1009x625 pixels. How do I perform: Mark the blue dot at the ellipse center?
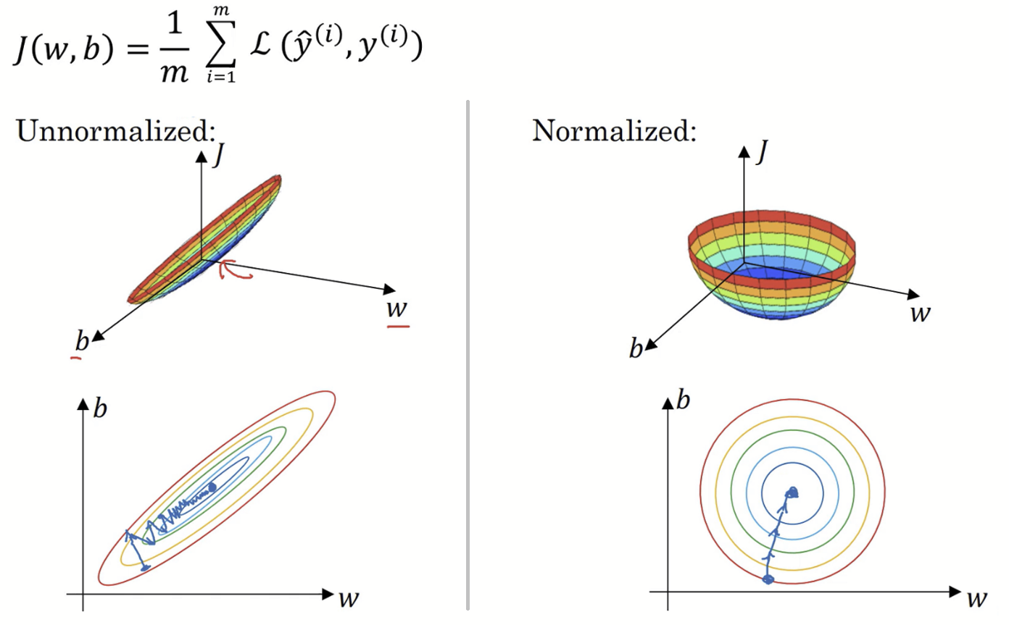pyautogui.click(x=213, y=487)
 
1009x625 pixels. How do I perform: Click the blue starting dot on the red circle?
pyautogui.click(x=769, y=579)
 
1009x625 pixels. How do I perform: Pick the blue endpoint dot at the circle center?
pyautogui.click(x=792, y=492)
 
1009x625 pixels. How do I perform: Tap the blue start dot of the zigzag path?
pyautogui.click(x=145, y=567)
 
